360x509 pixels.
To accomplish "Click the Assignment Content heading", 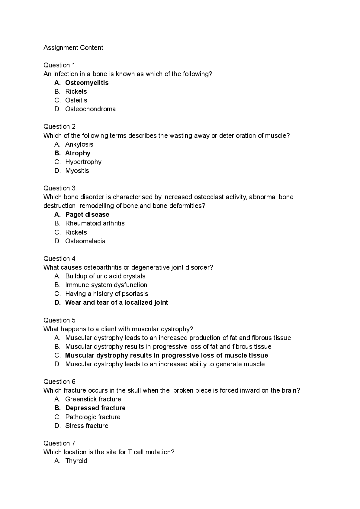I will tap(73, 47).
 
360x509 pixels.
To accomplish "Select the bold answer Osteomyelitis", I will tap(87, 83).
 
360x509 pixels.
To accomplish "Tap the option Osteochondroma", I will tap(90, 109).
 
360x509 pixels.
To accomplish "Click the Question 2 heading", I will tap(59, 126).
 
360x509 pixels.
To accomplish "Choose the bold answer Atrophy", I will tap(78, 153).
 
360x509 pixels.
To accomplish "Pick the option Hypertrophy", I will tap(83, 162).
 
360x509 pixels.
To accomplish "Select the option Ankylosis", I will tap(79, 144).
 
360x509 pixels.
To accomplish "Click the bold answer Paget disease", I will tap(87, 214).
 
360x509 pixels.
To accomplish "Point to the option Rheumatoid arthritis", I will tap(95, 223).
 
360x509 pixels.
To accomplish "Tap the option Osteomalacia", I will tap(85, 241).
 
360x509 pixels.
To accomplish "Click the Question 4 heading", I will tap(59, 258).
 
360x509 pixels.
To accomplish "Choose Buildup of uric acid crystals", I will tap(105, 276).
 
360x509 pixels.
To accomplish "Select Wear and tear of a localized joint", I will tap(117, 302).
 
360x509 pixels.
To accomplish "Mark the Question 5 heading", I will tap(59, 320).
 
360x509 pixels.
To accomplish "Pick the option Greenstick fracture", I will tap(93, 399).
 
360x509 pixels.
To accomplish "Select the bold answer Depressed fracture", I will tap(95, 408).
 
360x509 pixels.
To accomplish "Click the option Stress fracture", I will tap(87, 426).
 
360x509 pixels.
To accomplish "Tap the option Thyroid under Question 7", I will tap(76, 461).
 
